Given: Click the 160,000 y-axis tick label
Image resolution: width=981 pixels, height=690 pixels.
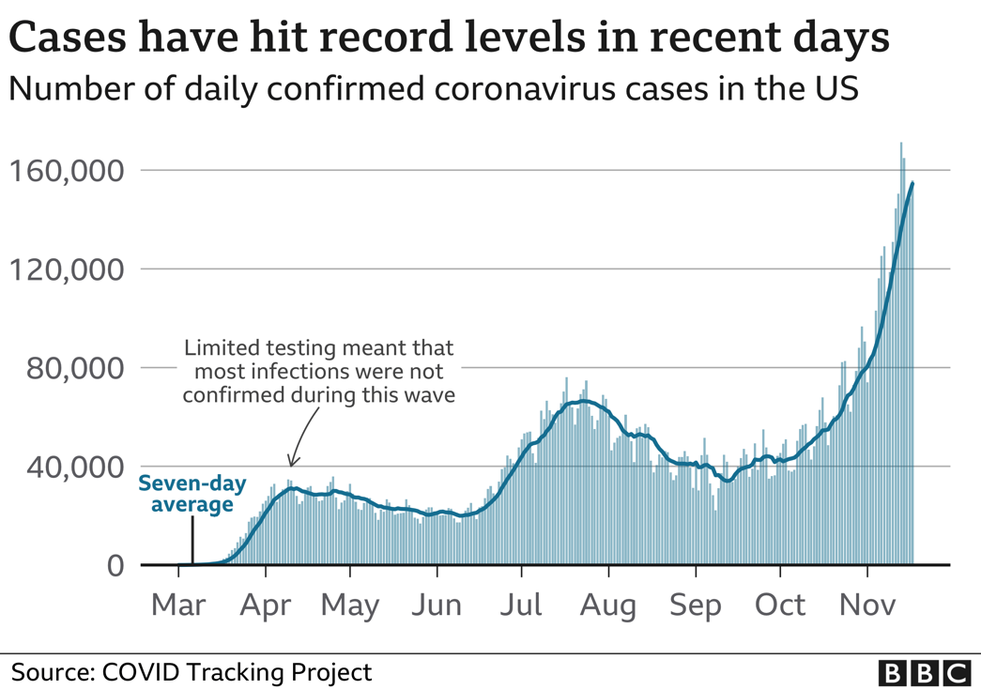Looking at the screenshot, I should point(66,171).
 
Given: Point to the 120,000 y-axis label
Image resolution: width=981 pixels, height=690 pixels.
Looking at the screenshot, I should point(66,269).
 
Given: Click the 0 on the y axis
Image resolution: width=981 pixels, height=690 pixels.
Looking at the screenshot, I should point(114,565).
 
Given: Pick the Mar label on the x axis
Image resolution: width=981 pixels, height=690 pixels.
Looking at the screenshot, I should point(178,605).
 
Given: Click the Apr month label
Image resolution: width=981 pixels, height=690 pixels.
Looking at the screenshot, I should point(266,605).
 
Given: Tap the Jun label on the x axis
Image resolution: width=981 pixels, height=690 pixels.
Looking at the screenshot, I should point(437,605).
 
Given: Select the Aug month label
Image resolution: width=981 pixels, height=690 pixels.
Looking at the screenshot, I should point(607,605).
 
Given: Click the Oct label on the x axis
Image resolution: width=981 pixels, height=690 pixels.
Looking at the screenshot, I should point(780,605).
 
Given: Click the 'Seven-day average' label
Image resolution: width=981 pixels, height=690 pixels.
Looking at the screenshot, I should point(192,495).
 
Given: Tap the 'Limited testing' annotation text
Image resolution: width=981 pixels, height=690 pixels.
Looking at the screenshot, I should point(318,372).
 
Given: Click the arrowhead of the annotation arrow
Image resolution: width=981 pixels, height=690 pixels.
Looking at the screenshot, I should point(292,463).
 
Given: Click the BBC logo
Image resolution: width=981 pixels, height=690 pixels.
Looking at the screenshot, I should point(924,672).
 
